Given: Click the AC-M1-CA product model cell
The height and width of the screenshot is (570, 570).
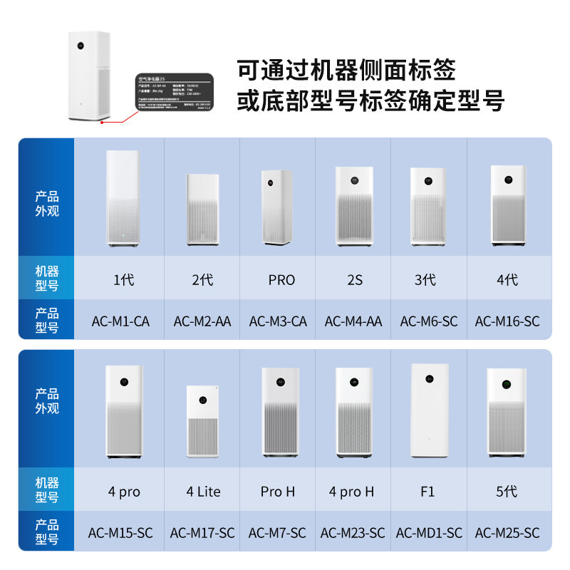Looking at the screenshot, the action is [x=120, y=321].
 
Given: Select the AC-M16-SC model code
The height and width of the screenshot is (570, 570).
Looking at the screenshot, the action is [x=507, y=321].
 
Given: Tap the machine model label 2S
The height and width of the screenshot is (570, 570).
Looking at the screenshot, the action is [x=354, y=280].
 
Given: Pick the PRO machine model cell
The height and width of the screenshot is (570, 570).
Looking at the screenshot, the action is [x=281, y=280].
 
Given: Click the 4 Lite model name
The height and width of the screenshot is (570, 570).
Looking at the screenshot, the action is [x=203, y=492].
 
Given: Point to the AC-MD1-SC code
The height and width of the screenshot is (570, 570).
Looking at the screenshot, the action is [x=429, y=533].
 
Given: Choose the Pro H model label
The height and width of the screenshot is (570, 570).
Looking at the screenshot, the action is [x=278, y=492].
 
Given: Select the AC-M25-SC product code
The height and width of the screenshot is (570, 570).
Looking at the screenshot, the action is [x=507, y=533].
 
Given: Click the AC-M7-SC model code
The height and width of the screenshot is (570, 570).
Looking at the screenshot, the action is [x=278, y=533].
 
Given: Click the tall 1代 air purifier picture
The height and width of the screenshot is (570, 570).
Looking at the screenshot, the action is [x=123, y=198].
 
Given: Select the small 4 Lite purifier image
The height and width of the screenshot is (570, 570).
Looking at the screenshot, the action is [x=203, y=422].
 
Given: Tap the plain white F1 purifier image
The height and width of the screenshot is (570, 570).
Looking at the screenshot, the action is [x=430, y=410].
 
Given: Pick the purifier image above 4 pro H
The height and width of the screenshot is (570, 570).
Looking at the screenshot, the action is [x=353, y=413].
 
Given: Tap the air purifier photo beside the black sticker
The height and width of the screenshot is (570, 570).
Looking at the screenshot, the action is [x=90, y=76].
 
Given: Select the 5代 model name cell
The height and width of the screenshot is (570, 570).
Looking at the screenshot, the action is [x=507, y=492].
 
